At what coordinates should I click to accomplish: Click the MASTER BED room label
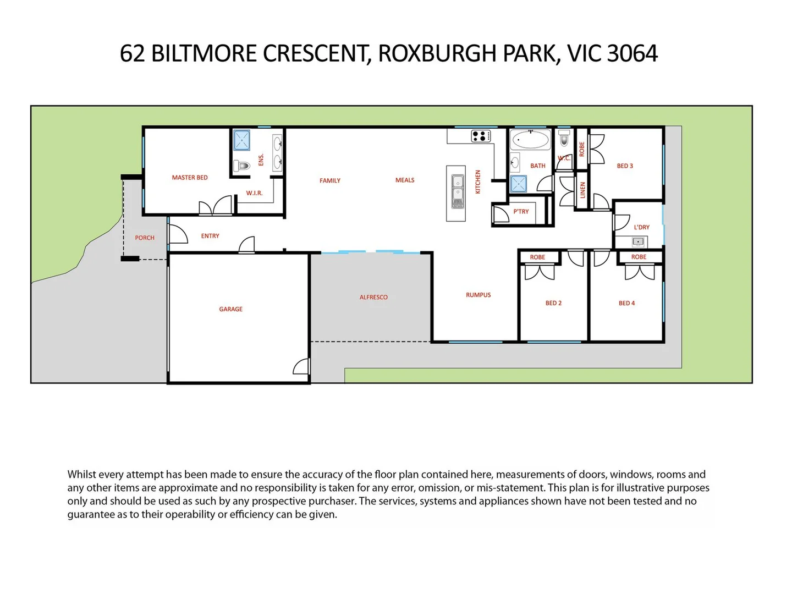[x=190, y=178]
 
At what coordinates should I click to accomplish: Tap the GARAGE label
[x=230, y=309]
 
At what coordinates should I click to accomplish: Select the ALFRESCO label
[x=373, y=298]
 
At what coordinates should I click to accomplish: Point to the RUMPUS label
[x=478, y=295]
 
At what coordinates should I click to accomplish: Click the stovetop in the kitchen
[x=481, y=136]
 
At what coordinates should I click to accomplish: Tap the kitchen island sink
[x=458, y=191]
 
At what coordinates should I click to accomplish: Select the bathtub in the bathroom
[x=530, y=140]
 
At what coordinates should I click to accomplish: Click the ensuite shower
[x=241, y=140]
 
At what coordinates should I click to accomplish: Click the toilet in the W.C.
[x=564, y=138]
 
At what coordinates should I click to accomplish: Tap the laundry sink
[x=637, y=241]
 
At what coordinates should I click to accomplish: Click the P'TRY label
[x=521, y=212]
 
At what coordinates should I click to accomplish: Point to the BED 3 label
[x=625, y=166]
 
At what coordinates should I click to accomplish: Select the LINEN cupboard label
[x=582, y=190]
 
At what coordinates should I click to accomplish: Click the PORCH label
[x=145, y=238]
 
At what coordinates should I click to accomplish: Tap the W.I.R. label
[x=254, y=194]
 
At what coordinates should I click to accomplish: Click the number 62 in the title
[x=132, y=54]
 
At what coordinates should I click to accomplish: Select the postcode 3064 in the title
[x=632, y=54]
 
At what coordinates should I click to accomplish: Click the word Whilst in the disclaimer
[x=81, y=475]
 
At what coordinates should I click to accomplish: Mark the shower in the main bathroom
[x=518, y=184]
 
